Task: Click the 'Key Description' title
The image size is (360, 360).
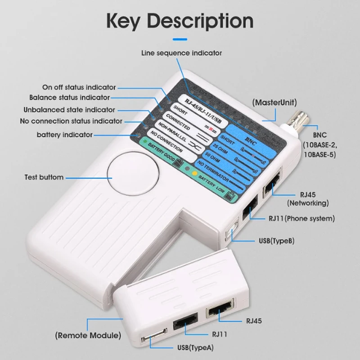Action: click(180, 21)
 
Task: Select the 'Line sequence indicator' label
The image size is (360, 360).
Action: click(181, 53)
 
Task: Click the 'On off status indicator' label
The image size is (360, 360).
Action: click(79, 87)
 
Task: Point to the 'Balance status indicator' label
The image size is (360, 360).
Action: click(69, 97)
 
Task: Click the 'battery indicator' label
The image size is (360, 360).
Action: click(65, 135)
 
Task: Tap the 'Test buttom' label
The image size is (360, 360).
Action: click(44, 177)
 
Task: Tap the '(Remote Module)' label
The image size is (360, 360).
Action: click(88, 335)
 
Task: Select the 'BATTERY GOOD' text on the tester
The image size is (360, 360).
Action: click(163, 155)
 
